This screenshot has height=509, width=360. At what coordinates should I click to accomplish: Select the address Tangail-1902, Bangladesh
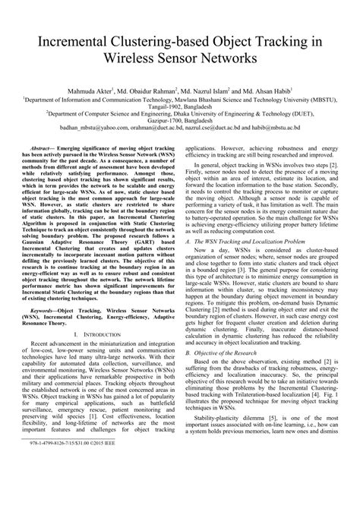pyautogui.click(x=181, y=106)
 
